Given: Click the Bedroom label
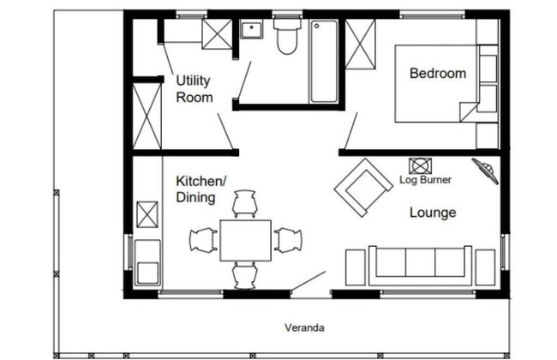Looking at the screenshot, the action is pos(438,73).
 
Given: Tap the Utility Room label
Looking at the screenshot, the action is pos(195,89).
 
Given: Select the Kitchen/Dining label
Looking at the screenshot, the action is pos(201,189).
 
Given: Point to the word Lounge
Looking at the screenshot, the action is pos(433,213).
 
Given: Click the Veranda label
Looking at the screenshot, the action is pos(304,327).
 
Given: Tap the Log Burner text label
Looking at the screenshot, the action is pos(425,180).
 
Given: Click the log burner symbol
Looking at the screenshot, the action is pos(420,166).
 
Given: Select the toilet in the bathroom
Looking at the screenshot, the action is pos(287,36).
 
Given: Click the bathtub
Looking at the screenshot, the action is pos(323,62).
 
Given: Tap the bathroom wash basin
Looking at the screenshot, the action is pos(252,29).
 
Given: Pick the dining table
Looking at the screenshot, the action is pos(245,241).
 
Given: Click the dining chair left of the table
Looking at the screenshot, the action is pos(203,240).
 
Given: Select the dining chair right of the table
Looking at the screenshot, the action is pos(288,240).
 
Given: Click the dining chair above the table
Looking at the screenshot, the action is pos(245,204).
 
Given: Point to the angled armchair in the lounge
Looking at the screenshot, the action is pos(363,188).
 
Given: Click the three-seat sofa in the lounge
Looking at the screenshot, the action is pos(420,265).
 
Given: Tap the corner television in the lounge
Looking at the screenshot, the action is pos(485,171).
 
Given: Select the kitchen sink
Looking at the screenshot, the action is pos(147,262).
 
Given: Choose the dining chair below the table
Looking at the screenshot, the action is pos(245,276).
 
